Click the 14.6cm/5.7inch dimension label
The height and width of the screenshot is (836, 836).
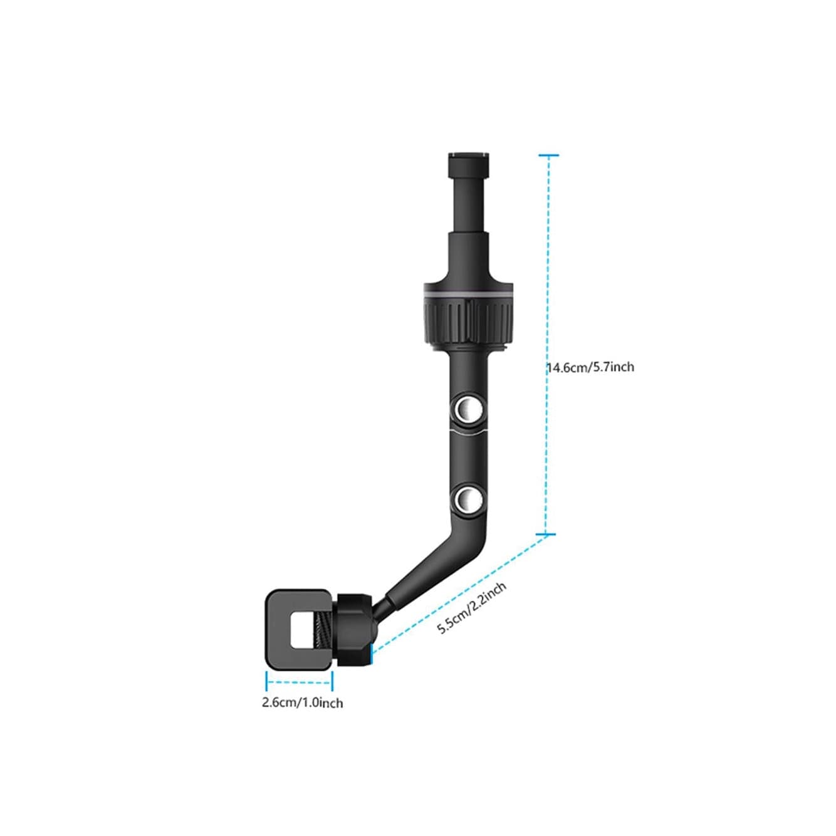(590, 367)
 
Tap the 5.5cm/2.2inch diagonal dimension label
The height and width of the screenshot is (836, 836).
(471, 609)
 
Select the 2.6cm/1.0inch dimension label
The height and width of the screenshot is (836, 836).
(303, 703)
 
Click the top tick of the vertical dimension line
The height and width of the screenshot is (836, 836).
(548, 155)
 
